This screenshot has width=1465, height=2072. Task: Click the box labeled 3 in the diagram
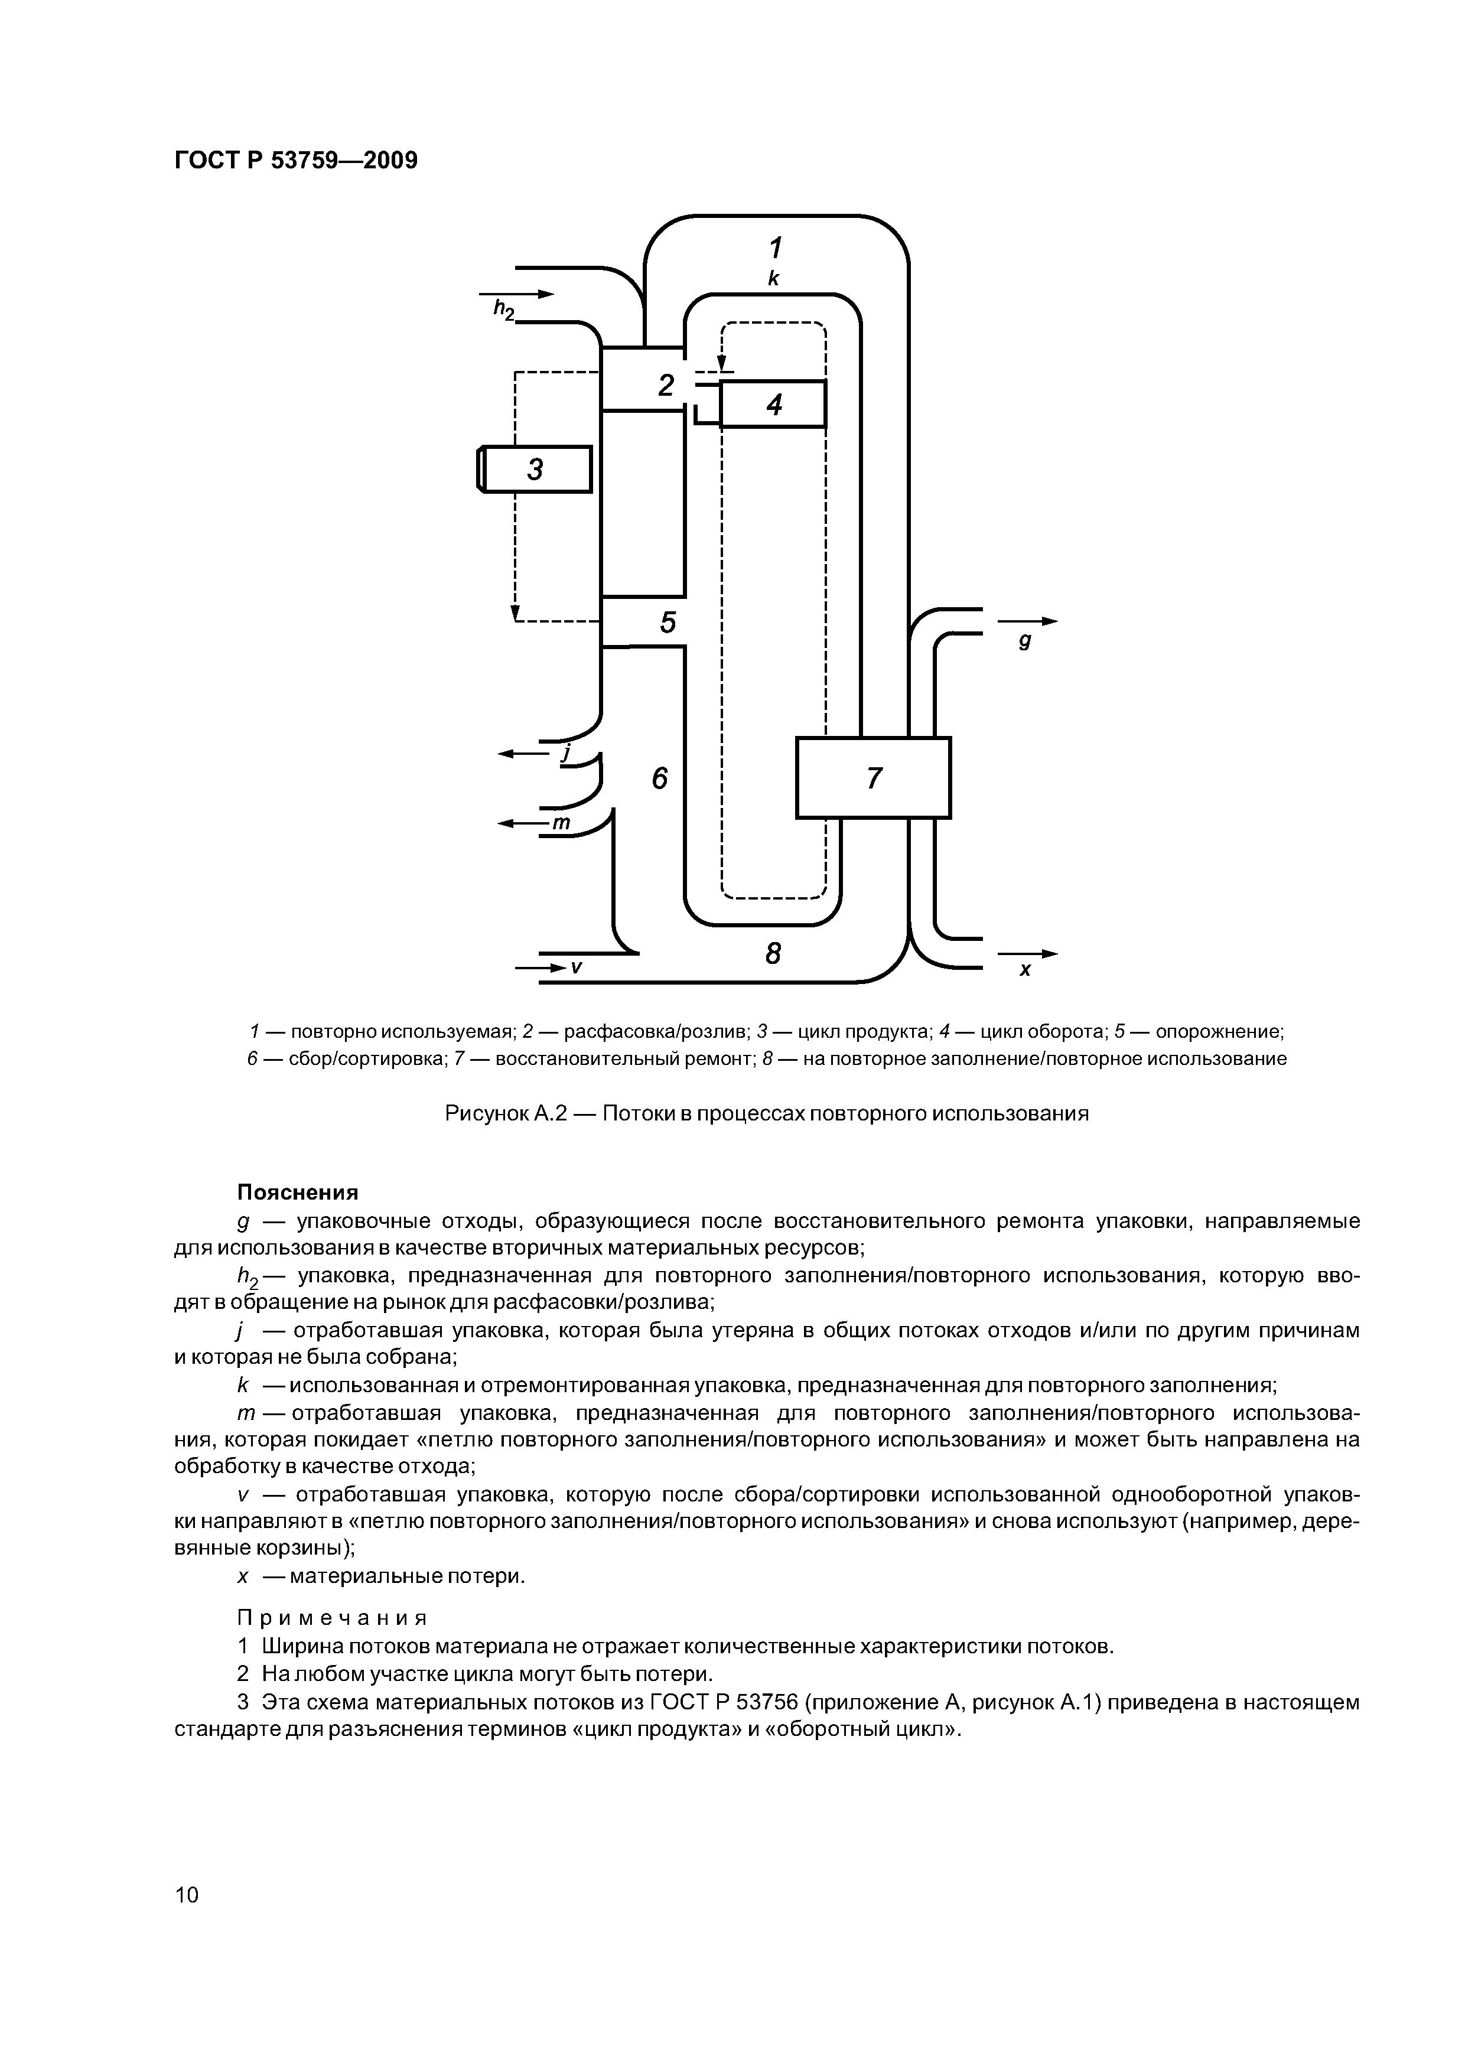coord(535,469)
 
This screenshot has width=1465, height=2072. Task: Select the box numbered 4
coord(774,404)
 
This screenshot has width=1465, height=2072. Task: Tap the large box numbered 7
coord(873,777)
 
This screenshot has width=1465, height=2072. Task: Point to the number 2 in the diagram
coord(666,385)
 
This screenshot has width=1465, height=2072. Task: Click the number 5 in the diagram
coord(668,622)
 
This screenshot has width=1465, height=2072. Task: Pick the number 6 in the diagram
coord(660,777)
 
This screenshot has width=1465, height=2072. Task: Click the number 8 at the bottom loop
coord(773,953)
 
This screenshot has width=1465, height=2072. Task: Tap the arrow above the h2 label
coord(516,294)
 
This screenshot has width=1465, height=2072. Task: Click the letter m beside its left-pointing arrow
coord(561,822)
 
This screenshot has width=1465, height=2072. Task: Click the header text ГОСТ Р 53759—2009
coord(295,161)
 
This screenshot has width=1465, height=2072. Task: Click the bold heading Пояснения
coord(297,1192)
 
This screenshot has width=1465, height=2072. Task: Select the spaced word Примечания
coord(331,1616)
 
